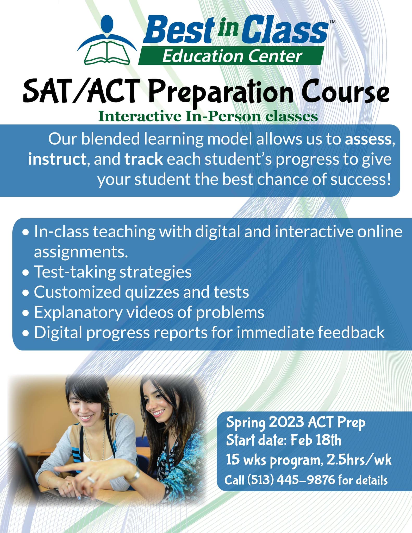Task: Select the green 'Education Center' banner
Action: (231, 56)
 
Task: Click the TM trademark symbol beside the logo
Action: (332, 22)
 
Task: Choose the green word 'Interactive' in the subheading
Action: (140, 116)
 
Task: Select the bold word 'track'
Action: (144, 159)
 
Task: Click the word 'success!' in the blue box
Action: (361, 179)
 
